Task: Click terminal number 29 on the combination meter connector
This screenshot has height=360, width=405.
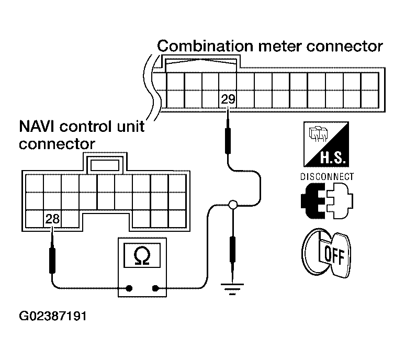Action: [228, 99]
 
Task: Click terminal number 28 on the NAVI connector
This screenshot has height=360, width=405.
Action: [52, 219]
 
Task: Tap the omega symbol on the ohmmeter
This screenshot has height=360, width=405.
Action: [142, 256]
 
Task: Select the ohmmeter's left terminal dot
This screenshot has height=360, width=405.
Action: [129, 288]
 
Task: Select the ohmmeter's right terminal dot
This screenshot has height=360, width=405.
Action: [155, 288]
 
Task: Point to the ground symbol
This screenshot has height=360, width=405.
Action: [232, 289]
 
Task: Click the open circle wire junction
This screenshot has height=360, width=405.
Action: [233, 205]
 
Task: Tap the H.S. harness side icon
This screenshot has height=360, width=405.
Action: [326, 144]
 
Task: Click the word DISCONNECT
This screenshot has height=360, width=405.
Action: [327, 177]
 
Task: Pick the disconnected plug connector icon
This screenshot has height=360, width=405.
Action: [327, 200]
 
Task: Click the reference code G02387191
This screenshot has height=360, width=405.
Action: [53, 316]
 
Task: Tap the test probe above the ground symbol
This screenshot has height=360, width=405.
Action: [232, 254]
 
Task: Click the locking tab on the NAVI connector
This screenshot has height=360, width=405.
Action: [105, 165]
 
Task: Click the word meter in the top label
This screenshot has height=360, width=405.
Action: [280, 47]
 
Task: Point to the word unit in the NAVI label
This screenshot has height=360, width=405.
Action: [131, 127]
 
